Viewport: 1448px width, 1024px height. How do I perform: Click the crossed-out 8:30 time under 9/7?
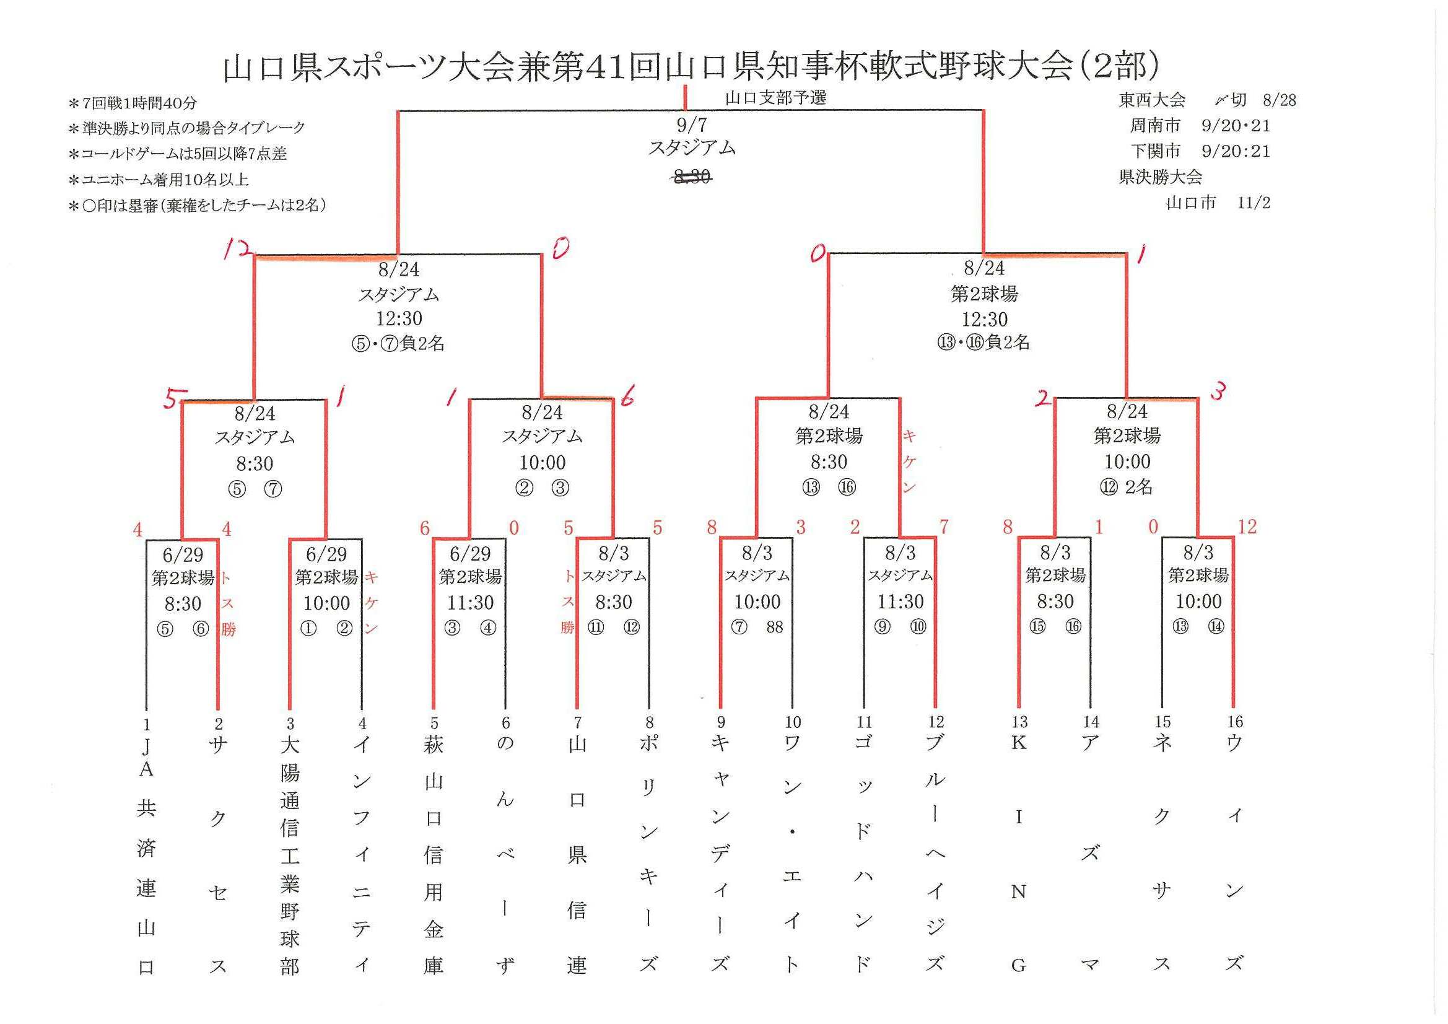point(692,178)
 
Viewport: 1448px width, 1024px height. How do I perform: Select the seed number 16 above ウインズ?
point(1235,722)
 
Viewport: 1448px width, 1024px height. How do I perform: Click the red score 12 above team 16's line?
point(1247,527)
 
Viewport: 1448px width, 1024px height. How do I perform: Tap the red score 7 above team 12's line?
point(944,527)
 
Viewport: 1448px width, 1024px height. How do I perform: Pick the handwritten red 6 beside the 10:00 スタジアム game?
point(627,398)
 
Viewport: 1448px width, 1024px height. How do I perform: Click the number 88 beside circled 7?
point(775,626)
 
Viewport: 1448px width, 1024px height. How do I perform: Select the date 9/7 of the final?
point(692,125)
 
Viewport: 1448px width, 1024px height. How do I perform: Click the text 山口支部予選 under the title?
point(775,98)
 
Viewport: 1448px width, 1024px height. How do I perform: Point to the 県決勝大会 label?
point(1161,177)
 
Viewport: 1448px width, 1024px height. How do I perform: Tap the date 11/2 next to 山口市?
point(1254,203)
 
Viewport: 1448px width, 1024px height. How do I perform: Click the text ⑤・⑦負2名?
point(399,343)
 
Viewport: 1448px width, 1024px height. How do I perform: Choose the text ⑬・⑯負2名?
point(984,343)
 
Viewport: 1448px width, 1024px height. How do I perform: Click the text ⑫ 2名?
point(1127,487)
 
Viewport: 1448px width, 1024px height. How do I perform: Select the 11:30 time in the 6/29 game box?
point(470,603)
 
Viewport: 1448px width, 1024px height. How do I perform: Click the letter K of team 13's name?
point(1019,743)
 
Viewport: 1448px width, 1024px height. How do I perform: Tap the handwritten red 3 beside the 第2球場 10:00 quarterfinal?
point(1218,392)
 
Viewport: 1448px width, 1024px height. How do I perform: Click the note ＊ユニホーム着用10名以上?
point(159,180)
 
